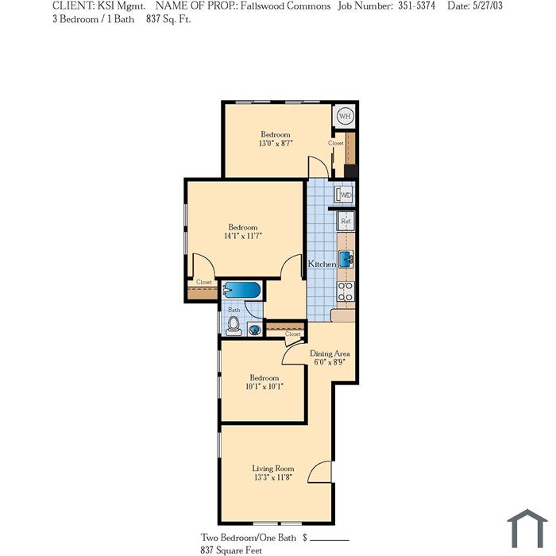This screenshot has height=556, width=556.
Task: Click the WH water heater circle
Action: [345, 116]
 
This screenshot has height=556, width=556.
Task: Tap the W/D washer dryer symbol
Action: [344, 195]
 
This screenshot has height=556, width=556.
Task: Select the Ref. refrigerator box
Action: [346, 222]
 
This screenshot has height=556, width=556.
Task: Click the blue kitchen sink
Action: [346, 259]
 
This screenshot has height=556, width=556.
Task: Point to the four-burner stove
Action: [346, 292]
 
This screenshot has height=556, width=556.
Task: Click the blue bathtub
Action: [241, 290]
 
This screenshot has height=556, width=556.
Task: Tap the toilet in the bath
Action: [234, 326]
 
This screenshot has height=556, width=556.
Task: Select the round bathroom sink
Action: [254, 330]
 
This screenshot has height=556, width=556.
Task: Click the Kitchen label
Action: [322, 264]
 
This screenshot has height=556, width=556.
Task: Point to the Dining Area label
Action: [330, 353]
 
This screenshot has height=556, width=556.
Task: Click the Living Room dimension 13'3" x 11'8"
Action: [272, 477]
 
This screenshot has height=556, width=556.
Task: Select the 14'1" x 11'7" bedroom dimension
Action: [243, 236]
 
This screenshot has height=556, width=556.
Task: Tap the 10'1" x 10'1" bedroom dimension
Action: [264, 386]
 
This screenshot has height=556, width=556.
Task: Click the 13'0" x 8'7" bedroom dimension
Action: [276, 143]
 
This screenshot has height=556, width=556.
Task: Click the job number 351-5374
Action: [416, 6]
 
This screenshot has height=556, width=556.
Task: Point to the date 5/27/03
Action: [488, 6]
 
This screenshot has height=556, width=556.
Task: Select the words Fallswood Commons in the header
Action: [285, 6]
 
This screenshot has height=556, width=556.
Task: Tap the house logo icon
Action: [527, 529]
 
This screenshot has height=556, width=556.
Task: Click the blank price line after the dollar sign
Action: [330, 540]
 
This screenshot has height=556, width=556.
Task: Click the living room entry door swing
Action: [319, 472]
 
